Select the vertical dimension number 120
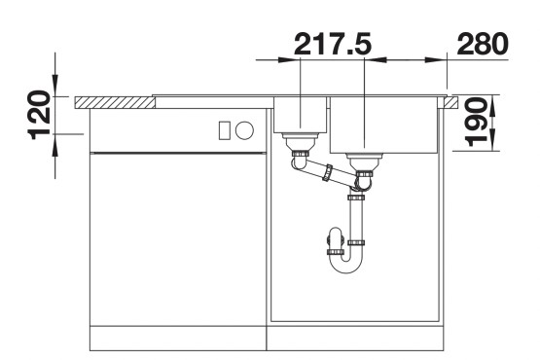click(x=38, y=115)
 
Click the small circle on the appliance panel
click(x=244, y=128)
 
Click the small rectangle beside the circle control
click(x=226, y=128)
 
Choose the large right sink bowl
click(x=385, y=124)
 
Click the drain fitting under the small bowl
click(x=299, y=147)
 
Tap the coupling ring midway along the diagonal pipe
click(x=328, y=174)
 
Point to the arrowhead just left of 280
click(x=441, y=60)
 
